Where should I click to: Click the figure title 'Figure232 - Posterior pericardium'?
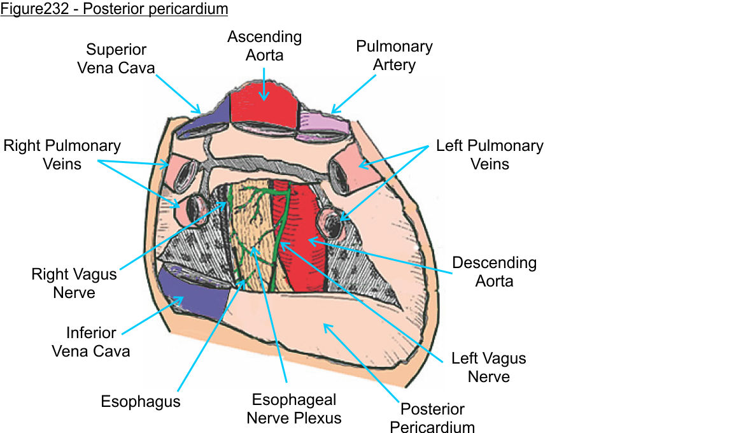[x=114, y=10]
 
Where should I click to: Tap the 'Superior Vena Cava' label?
[x=116, y=59]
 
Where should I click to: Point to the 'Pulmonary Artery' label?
[x=394, y=55]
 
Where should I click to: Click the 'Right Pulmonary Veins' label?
[x=62, y=155]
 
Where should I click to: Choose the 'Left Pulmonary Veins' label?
[x=490, y=155]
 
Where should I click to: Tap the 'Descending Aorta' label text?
[x=494, y=271]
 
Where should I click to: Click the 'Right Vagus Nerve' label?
[x=74, y=283]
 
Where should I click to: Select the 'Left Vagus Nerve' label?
[x=488, y=367]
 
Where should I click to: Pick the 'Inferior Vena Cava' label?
[x=91, y=341]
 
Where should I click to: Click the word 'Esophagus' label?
[x=141, y=402]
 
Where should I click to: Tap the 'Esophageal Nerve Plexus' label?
[x=294, y=409]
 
